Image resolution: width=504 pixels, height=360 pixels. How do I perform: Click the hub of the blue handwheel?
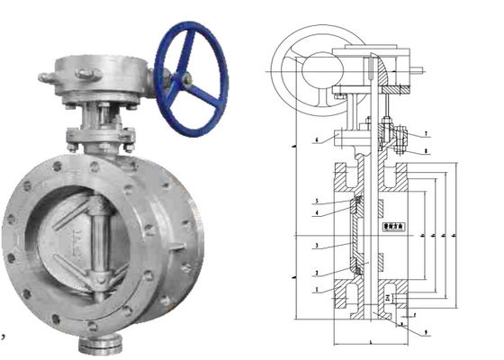[x=187, y=79]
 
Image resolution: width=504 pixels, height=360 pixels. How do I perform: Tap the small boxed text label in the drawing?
[x=393, y=229]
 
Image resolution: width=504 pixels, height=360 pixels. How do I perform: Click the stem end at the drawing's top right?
[x=416, y=68]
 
